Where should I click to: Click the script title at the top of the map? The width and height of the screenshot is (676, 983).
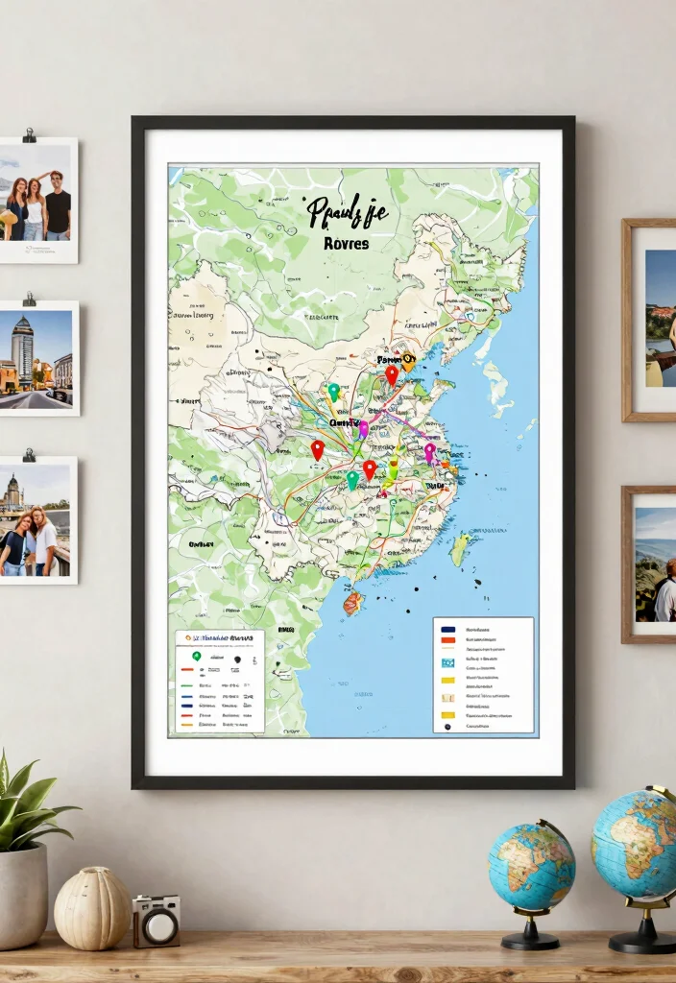coord(347,211)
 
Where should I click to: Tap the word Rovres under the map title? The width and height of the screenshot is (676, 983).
coord(347,244)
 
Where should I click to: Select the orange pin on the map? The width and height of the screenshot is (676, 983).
coord(409,361)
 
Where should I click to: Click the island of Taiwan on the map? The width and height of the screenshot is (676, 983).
coord(461,549)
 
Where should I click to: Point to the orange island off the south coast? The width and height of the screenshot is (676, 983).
coord(353,602)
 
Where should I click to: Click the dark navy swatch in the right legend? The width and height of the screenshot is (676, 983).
coord(447,629)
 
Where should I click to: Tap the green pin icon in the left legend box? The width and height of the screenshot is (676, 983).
coord(196,657)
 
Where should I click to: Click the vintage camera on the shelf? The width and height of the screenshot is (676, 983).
coord(156,921)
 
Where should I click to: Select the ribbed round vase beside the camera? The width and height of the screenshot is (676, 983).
coord(91,907)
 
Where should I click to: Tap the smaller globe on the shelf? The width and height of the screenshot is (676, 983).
coord(531,866)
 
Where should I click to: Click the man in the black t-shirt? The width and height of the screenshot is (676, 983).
coord(58,204)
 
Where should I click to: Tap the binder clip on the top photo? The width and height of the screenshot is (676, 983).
coord(29,134)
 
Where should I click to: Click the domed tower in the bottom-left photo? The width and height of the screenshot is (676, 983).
coord(12,491)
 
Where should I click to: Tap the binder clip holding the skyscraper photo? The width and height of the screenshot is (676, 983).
coord(29,300)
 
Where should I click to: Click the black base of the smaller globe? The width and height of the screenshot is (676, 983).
coord(530,939)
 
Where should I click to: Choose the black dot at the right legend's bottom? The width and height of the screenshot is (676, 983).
coord(447,727)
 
